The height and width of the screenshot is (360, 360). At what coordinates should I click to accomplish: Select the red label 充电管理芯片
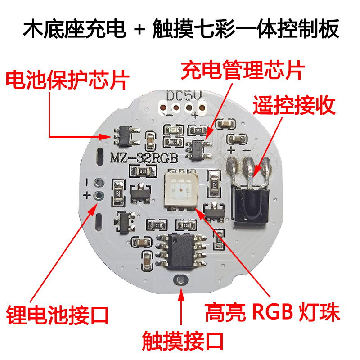point(243,71)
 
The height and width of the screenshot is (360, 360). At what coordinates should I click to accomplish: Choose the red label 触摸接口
point(182,341)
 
